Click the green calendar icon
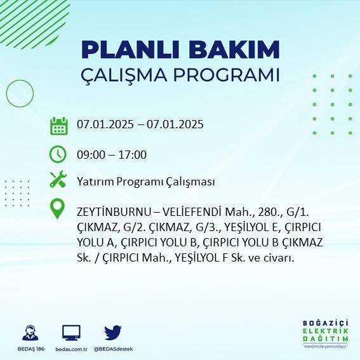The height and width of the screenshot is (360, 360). pyautogui.click(x=58, y=126)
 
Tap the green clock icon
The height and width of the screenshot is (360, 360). pyautogui.click(x=58, y=154)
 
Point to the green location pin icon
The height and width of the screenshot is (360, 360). pyautogui.click(x=58, y=208)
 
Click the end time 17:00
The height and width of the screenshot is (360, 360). pyautogui.click(x=133, y=154)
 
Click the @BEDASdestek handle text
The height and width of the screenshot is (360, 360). pyautogui.click(x=113, y=349)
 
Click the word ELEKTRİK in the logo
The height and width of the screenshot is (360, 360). pyautogui.click(x=326, y=332)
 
